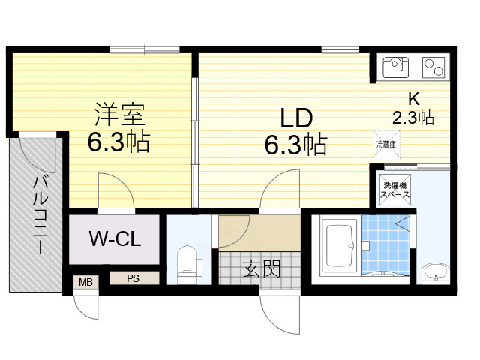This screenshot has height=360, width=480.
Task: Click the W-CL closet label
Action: click(x=113, y=240)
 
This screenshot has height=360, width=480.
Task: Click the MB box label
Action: click(x=85, y=282)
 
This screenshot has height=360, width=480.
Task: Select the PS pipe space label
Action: click(x=133, y=278)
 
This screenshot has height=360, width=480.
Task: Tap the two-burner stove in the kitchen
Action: click(x=433, y=68)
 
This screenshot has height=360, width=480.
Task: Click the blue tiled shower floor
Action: click(x=386, y=247)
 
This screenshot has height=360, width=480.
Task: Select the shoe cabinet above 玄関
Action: click(x=259, y=233)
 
